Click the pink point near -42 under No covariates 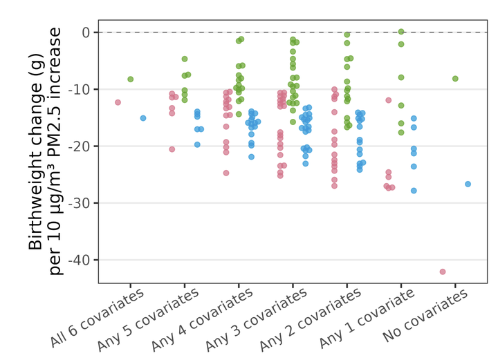[x=443, y=272]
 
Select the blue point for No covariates [x=468, y=184]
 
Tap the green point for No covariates [x=455, y=79]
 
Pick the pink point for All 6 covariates [x=118, y=102]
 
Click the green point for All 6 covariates [x=130, y=79]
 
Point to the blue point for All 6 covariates [x=143, y=118]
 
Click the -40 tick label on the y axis [x=80, y=260]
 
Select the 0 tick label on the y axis [x=86, y=32]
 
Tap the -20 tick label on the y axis [x=80, y=146]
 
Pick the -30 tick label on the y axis [x=80, y=203]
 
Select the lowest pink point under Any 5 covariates [x=172, y=149]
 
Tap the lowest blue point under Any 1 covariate [x=414, y=191]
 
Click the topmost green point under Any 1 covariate [x=401, y=32]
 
